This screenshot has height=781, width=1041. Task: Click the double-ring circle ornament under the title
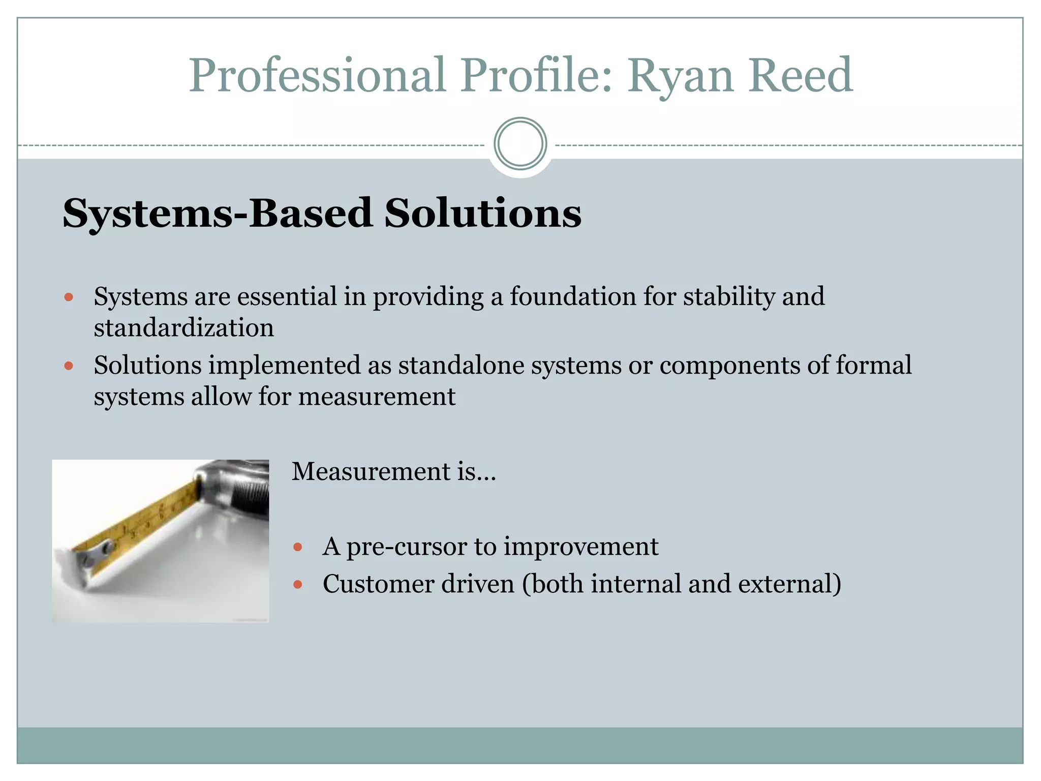[x=520, y=144]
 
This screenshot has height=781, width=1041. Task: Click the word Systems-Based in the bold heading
[x=218, y=214]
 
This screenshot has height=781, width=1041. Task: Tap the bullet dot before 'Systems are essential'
[x=69, y=297]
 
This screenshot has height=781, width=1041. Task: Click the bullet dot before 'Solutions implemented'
[x=69, y=366]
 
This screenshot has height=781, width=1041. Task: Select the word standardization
[x=184, y=327]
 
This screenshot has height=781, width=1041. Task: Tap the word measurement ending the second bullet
[x=377, y=397]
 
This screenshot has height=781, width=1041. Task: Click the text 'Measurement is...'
[x=393, y=471]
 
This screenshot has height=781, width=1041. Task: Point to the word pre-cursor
[x=407, y=547]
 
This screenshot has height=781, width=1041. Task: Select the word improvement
[x=580, y=547]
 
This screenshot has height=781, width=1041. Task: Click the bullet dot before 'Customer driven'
[x=298, y=585]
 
